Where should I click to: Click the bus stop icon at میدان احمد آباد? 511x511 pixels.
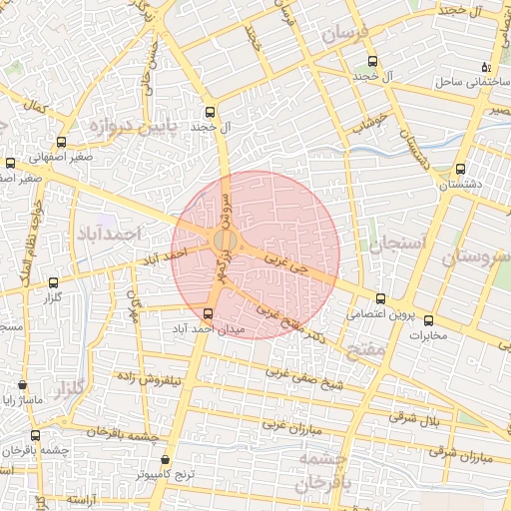click(x=208, y=312)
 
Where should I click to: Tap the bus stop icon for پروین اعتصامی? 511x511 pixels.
click(x=380, y=298)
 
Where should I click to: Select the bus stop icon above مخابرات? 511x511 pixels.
click(x=428, y=320)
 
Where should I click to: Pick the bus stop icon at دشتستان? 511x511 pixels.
click(x=460, y=169)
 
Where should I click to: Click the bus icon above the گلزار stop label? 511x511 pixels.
click(x=53, y=282)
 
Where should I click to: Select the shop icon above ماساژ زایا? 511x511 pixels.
click(x=23, y=384)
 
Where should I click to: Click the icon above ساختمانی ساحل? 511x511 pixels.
click(x=486, y=66)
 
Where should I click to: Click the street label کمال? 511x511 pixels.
click(x=37, y=106)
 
